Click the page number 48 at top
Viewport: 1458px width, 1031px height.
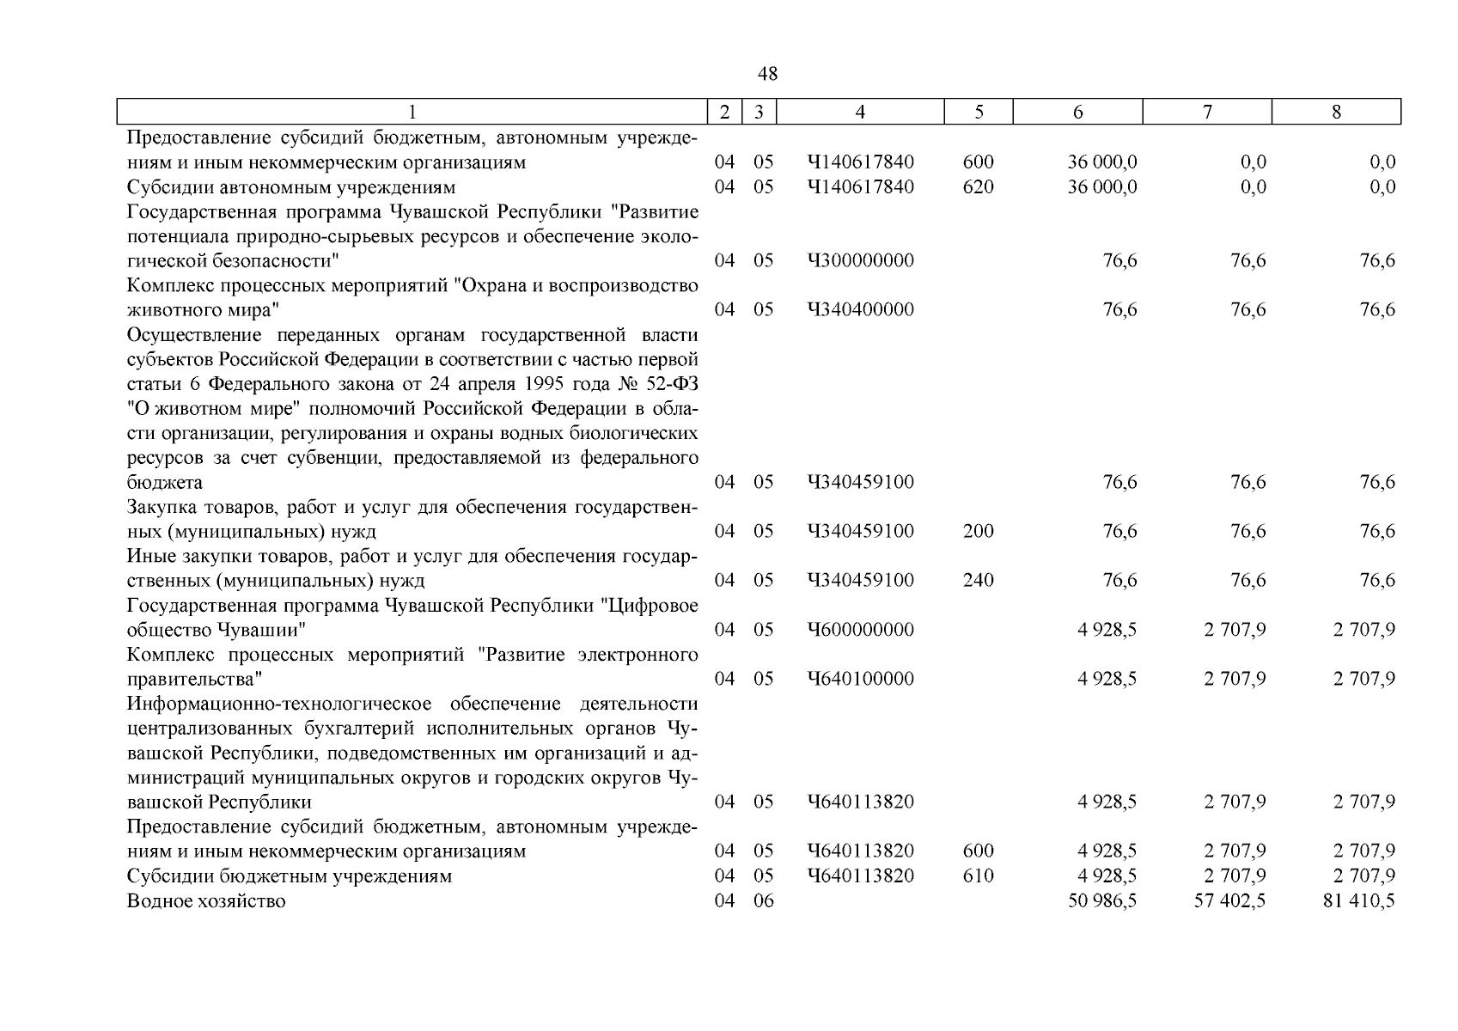click(x=767, y=75)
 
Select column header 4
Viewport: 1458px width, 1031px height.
click(x=860, y=112)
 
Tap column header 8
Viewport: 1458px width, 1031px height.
click(x=1335, y=112)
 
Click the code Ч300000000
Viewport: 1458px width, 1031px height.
click(x=860, y=260)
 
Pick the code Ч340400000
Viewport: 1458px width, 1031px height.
click(x=860, y=309)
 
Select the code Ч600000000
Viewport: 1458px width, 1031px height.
click(x=860, y=630)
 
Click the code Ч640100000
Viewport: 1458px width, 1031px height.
click(x=860, y=679)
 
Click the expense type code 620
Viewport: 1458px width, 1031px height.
click(x=978, y=186)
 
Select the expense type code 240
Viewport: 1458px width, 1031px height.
click(x=978, y=580)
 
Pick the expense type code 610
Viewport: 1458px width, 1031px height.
click(x=978, y=875)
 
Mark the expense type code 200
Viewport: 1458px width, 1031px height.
click(x=978, y=531)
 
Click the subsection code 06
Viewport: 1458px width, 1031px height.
click(x=763, y=900)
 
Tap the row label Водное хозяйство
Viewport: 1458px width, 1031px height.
click(x=206, y=900)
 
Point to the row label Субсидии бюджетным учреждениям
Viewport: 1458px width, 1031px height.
click(x=290, y=875)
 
